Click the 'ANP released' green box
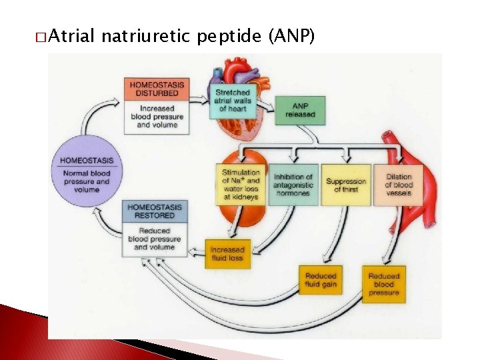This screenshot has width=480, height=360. tap(299, 110)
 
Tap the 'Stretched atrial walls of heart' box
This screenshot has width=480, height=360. tap(233, 100)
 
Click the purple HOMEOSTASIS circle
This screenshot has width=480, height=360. tap(87, 173)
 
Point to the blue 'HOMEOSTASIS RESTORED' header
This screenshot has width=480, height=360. tap(155, 211)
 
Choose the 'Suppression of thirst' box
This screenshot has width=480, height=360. tap(346, 184)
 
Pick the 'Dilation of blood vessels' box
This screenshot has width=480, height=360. tap(399, 184)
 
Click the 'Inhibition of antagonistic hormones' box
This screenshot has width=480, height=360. tap(293, 184)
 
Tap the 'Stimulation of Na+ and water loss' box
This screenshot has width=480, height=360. tap(241, 184)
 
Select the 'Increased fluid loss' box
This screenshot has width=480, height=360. tap(227, 254)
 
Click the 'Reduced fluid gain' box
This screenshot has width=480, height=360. tap(321, 280)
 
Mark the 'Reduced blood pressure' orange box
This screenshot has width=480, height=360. tap(384, 284)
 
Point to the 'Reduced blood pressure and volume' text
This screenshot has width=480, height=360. tap(155, 239)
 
